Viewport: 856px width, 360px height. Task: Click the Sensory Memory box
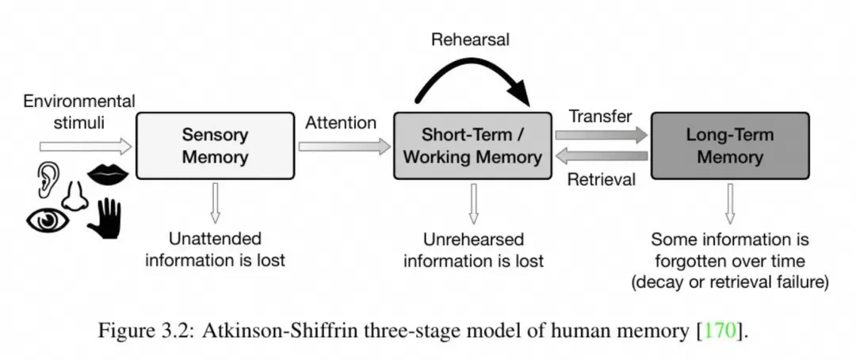pos(215,146)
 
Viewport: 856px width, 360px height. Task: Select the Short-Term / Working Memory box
pos(472,146)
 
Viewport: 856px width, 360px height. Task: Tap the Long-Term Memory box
pos(731,146)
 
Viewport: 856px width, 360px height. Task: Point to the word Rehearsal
pos(470,40)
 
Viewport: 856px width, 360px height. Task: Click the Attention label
pos(341,123)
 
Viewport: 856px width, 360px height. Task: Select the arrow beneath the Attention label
pos(345,146)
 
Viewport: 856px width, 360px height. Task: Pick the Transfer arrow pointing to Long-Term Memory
pos(602,136)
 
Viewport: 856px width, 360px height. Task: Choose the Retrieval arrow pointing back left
pos(602,157)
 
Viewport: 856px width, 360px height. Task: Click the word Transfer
pos(601,116)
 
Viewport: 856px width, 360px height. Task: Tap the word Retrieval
pos(602,179)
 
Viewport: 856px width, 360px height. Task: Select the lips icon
pos(108,174)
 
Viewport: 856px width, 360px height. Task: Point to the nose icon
pos(75,197)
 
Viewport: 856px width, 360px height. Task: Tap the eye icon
pos(48,220)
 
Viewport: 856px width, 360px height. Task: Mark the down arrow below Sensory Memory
pos(215,203)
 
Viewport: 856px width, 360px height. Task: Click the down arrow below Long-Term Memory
pos(730,203)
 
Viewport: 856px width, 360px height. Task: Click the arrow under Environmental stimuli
pos(86,146)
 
